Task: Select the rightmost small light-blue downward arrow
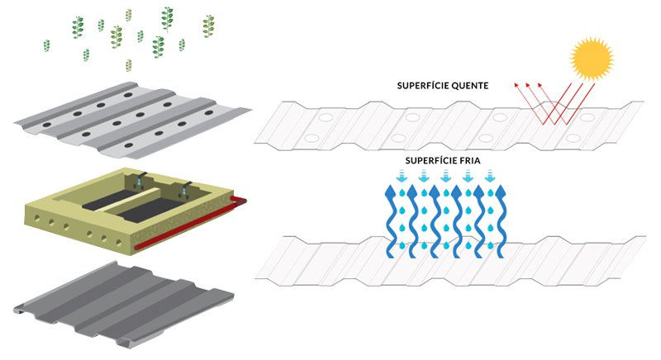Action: pos(490,175)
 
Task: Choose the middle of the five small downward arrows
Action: pos(446,175)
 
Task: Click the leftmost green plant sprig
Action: pos(78,27)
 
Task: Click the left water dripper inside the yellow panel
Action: pos(141,178)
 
